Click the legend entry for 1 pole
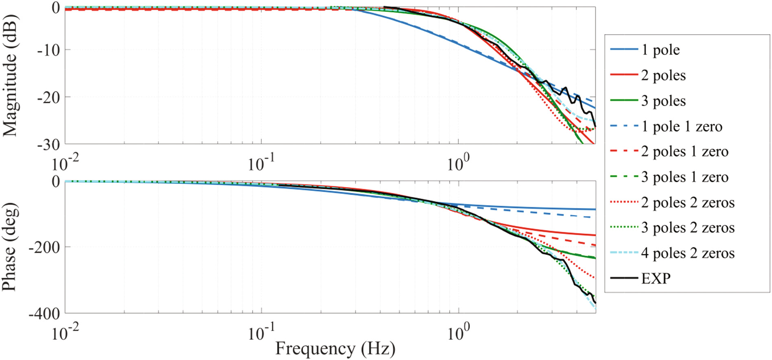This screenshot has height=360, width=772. pos(660,50)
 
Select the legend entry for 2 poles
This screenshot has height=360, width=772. pos(663,76)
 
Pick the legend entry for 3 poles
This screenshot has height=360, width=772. pos(663,101)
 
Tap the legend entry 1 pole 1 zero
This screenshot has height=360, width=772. pos(682,127)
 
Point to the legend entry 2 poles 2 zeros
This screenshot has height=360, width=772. pos(688,203)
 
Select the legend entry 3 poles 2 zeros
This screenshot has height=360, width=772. pos(688,228)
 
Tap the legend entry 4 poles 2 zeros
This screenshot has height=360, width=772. pos(688,253)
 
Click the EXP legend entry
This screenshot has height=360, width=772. pos(656,279)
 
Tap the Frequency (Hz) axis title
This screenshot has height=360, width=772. pos(335,349)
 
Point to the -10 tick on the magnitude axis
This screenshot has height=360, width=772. pos(48,50)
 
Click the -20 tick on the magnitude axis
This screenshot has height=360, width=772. pos(48,98)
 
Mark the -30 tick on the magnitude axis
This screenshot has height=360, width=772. pos(48,145)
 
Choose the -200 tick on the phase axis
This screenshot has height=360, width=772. pos(44,247)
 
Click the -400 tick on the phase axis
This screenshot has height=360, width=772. pos(44,314)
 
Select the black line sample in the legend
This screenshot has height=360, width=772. pos(624,278)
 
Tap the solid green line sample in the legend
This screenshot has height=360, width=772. pos(624,100)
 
